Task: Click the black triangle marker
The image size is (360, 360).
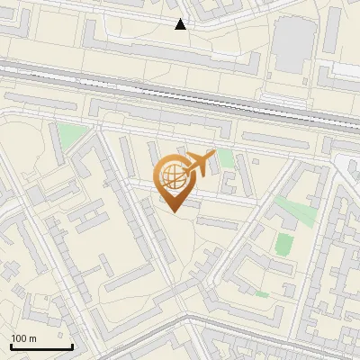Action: pyautogui.click(x=181, y=24)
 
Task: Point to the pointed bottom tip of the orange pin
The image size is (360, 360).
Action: pyautogui.click(x=175, y=211)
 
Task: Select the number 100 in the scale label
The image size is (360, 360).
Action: pyautogui.click(x=18, y=338)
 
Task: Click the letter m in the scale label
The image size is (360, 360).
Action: pyautogui.click(x=32, y=338)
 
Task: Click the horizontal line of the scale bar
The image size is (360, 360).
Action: pyautogui.click(x=41, y=346)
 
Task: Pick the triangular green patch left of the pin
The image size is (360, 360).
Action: pyautogui.click(x=70, y=137)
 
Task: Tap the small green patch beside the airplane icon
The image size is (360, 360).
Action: pyautogui.click(x=225, y=158)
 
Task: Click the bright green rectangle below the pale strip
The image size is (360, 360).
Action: pyautogui.click(x=284, y=244)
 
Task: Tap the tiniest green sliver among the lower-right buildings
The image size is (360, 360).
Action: pyautogui.click(x=262, y=293)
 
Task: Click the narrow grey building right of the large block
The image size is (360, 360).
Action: pyautogui.click(x=332, y=31)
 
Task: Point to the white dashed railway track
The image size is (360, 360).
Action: pyautogui.click(x=180, y=91)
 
